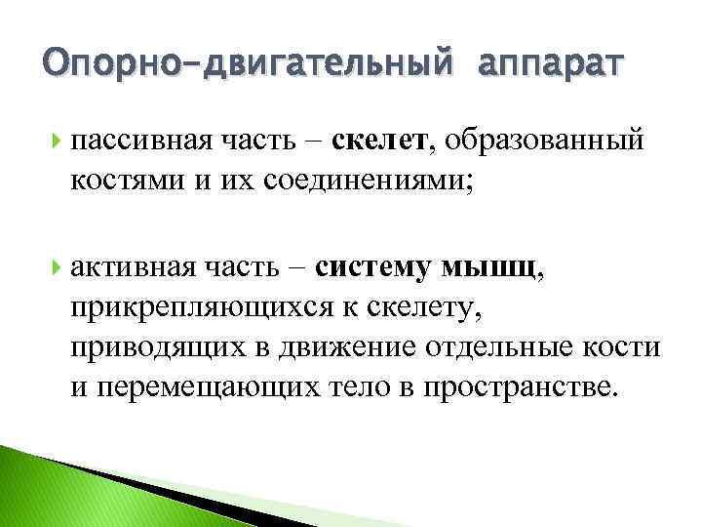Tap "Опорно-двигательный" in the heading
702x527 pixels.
click(247, 65)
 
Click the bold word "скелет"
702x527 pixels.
click(378, 143)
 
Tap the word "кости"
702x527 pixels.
click(629, 348)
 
